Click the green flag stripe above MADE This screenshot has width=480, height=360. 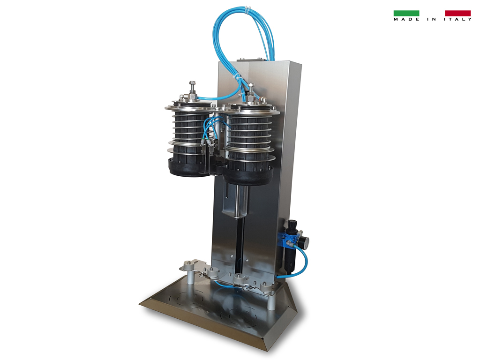click(x=406, y=13)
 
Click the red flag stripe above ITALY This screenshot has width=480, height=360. click(x=457, y=13)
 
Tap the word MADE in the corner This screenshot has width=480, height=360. click(x=406, y=19)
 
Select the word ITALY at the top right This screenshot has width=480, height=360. click(x=457, y=19)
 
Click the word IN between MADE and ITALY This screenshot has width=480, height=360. click(x=432, y=19)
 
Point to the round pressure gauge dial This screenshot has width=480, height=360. click(x=304, y=241)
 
